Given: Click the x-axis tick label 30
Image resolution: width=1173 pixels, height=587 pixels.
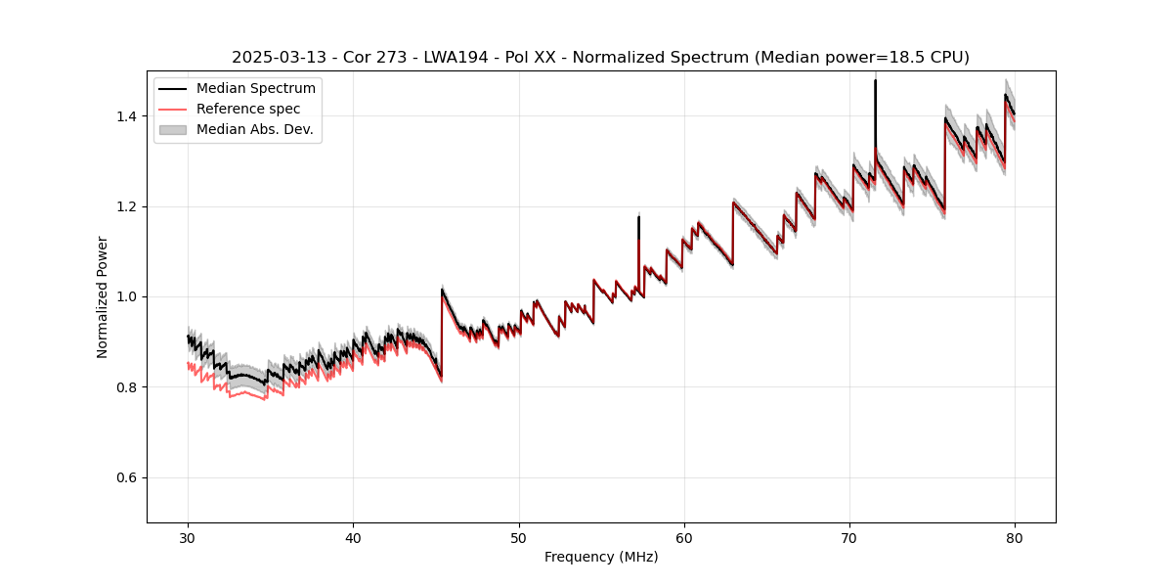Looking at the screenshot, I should [x=189, y=537].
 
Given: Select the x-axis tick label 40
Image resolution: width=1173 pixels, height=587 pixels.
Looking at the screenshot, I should [x=354, y=537].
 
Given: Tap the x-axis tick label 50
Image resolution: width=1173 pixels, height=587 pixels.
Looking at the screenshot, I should [x=519, y=537].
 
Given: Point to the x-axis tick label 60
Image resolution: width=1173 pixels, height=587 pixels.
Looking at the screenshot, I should [x=684, y=537].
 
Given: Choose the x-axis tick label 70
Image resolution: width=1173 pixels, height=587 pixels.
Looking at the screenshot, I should [x=849, y=537].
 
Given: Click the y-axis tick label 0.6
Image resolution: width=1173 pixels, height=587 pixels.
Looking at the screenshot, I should [x=127, y=477].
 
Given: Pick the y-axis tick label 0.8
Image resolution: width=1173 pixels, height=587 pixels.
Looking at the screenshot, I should [x=127, y=387].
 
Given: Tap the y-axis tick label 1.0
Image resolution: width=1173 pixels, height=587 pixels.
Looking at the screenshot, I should [x=127, y=296].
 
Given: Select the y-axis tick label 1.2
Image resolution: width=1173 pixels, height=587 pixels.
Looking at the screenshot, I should [x=127, y=206].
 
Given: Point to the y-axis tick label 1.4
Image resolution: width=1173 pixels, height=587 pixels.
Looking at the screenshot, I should [x=127, y=116].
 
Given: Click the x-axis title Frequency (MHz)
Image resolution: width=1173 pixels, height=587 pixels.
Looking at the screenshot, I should [x=601, y=557].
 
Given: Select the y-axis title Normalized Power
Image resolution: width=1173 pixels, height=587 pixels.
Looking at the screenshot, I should [x=103, y=296].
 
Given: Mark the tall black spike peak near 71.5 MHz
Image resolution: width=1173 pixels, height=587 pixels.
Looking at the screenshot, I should [x=875, y=81].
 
